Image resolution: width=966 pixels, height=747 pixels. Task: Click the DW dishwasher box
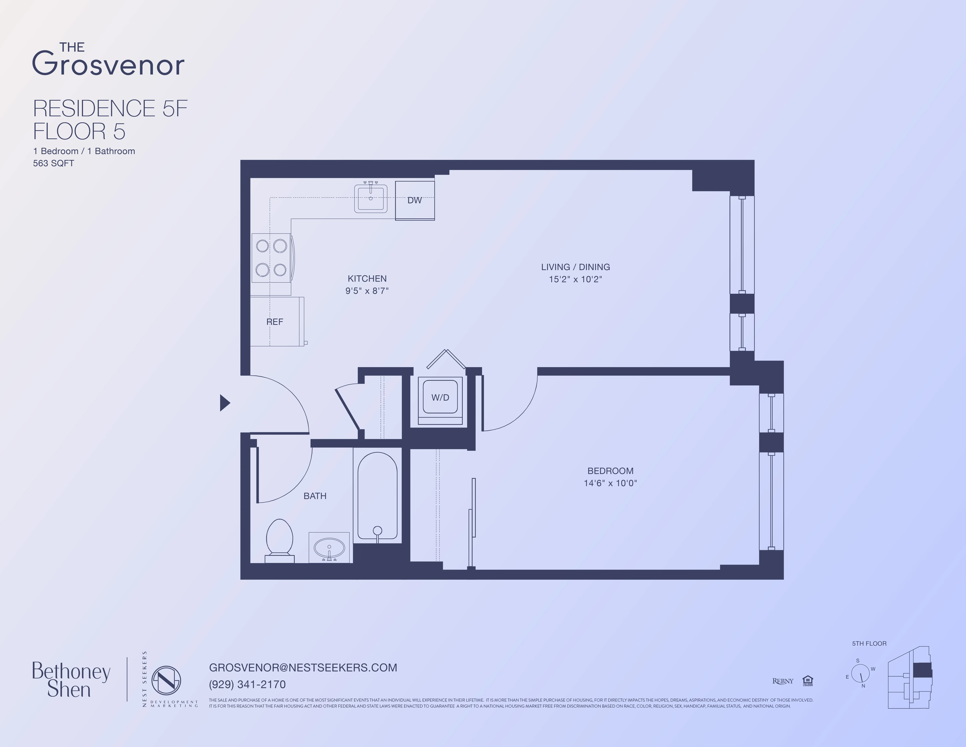pos(415,201)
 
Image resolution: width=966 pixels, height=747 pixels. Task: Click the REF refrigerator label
pos(275,322)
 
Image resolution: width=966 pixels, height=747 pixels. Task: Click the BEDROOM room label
pos(610,471)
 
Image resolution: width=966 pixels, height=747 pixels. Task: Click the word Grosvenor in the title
pos(108,65)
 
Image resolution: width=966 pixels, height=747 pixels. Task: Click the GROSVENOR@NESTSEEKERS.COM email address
pos(303,667)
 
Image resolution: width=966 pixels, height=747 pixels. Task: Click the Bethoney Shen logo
pos(71,680)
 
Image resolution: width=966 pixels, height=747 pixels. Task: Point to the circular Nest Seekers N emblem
pos(166,680)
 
